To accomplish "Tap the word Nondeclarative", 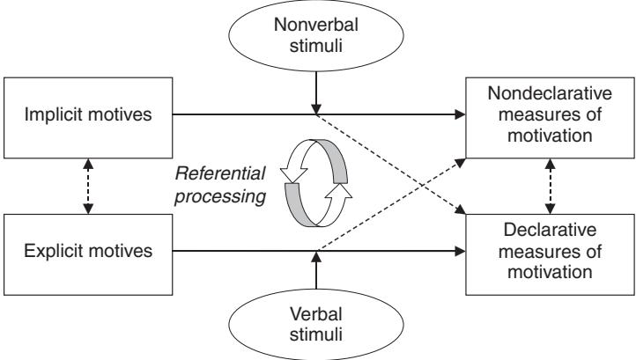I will point(550,95).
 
